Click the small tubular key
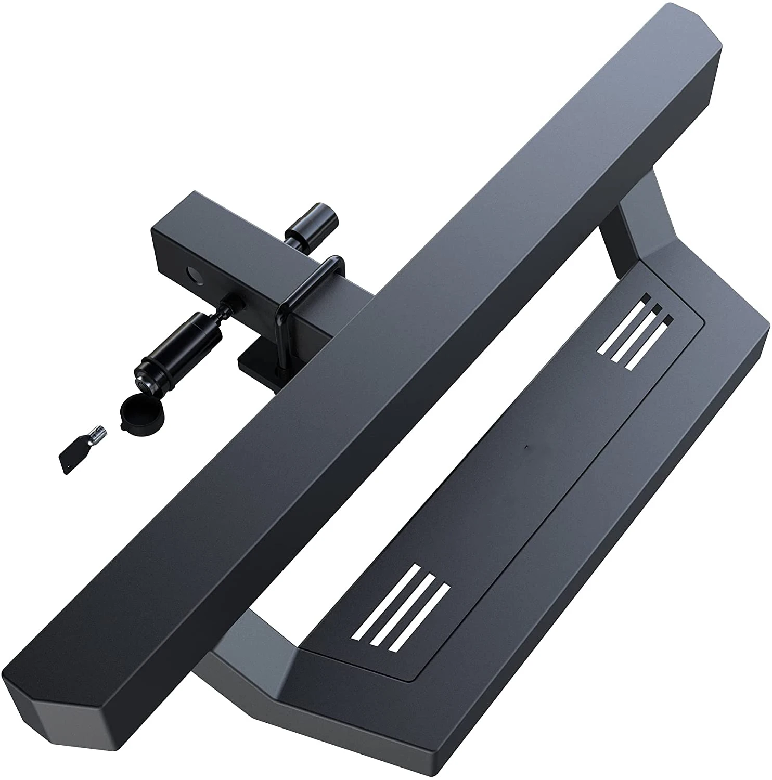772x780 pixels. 83,447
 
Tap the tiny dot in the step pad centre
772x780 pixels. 526,447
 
